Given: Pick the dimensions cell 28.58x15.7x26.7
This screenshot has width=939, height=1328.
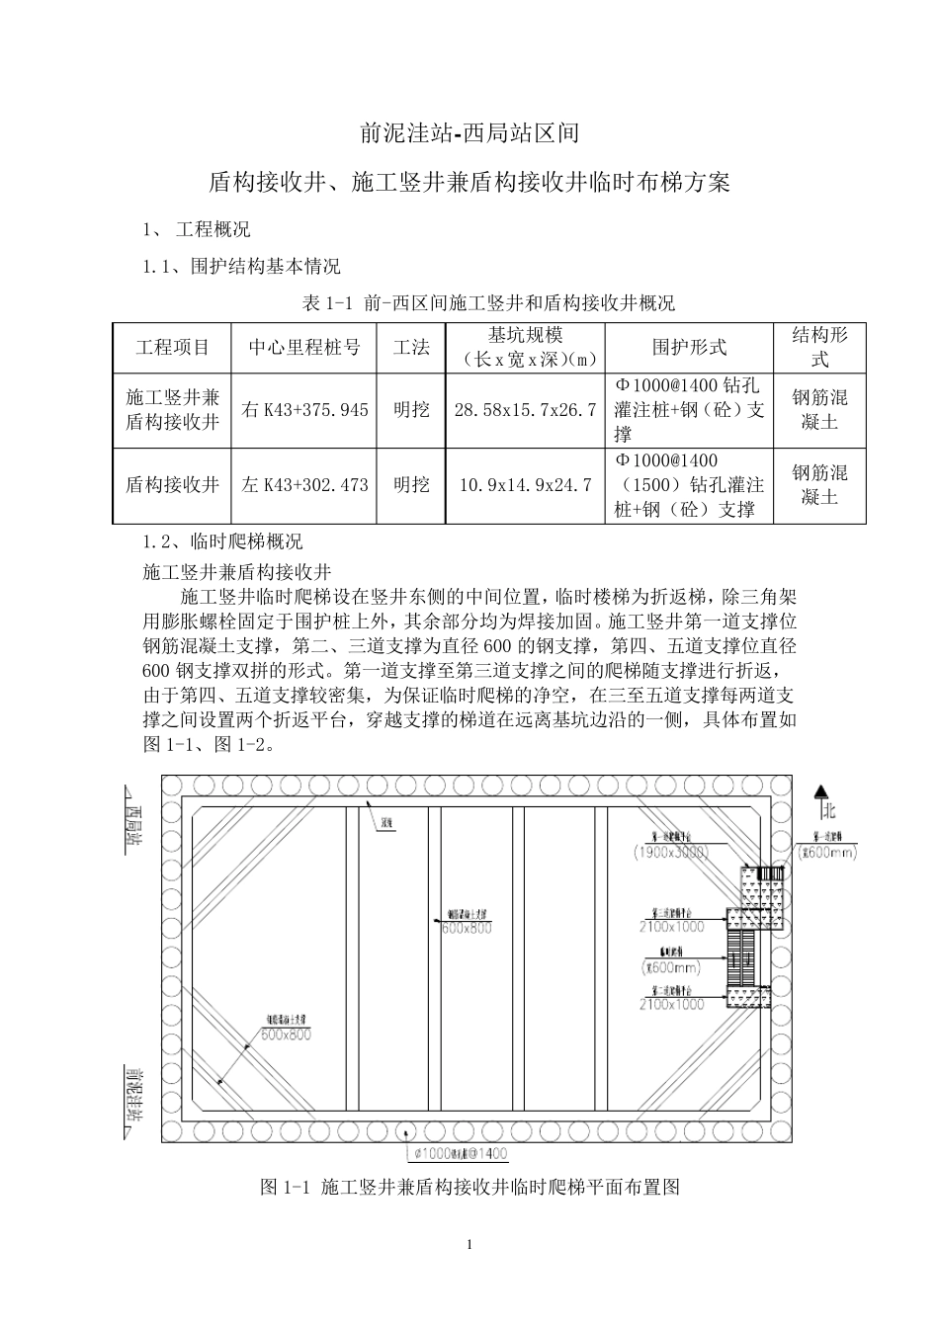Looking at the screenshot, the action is pos(524,409).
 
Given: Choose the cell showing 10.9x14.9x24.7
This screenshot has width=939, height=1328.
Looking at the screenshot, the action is pos(524,485).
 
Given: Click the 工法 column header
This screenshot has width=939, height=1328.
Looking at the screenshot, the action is pos(411,347).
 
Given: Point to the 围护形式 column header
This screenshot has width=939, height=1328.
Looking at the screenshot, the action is pos(689,347).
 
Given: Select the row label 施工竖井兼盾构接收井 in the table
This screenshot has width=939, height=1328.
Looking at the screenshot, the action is pos(172,409).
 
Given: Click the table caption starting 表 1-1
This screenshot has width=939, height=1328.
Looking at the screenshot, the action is pos(488,302).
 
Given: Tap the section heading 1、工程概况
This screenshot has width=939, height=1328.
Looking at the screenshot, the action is pos(198,229).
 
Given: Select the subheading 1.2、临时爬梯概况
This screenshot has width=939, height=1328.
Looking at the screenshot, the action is pos(223,541).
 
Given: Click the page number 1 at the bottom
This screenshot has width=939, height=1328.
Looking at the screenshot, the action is pos(469,1244).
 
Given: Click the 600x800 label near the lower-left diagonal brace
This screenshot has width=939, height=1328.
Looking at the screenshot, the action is pos(287,1035).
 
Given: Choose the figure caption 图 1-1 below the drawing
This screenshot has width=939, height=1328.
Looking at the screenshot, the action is pos(469,1187).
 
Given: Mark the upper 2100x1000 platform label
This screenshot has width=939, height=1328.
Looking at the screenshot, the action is pos(672,927).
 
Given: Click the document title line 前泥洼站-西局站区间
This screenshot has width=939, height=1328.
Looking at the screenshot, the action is pos(469,131).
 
